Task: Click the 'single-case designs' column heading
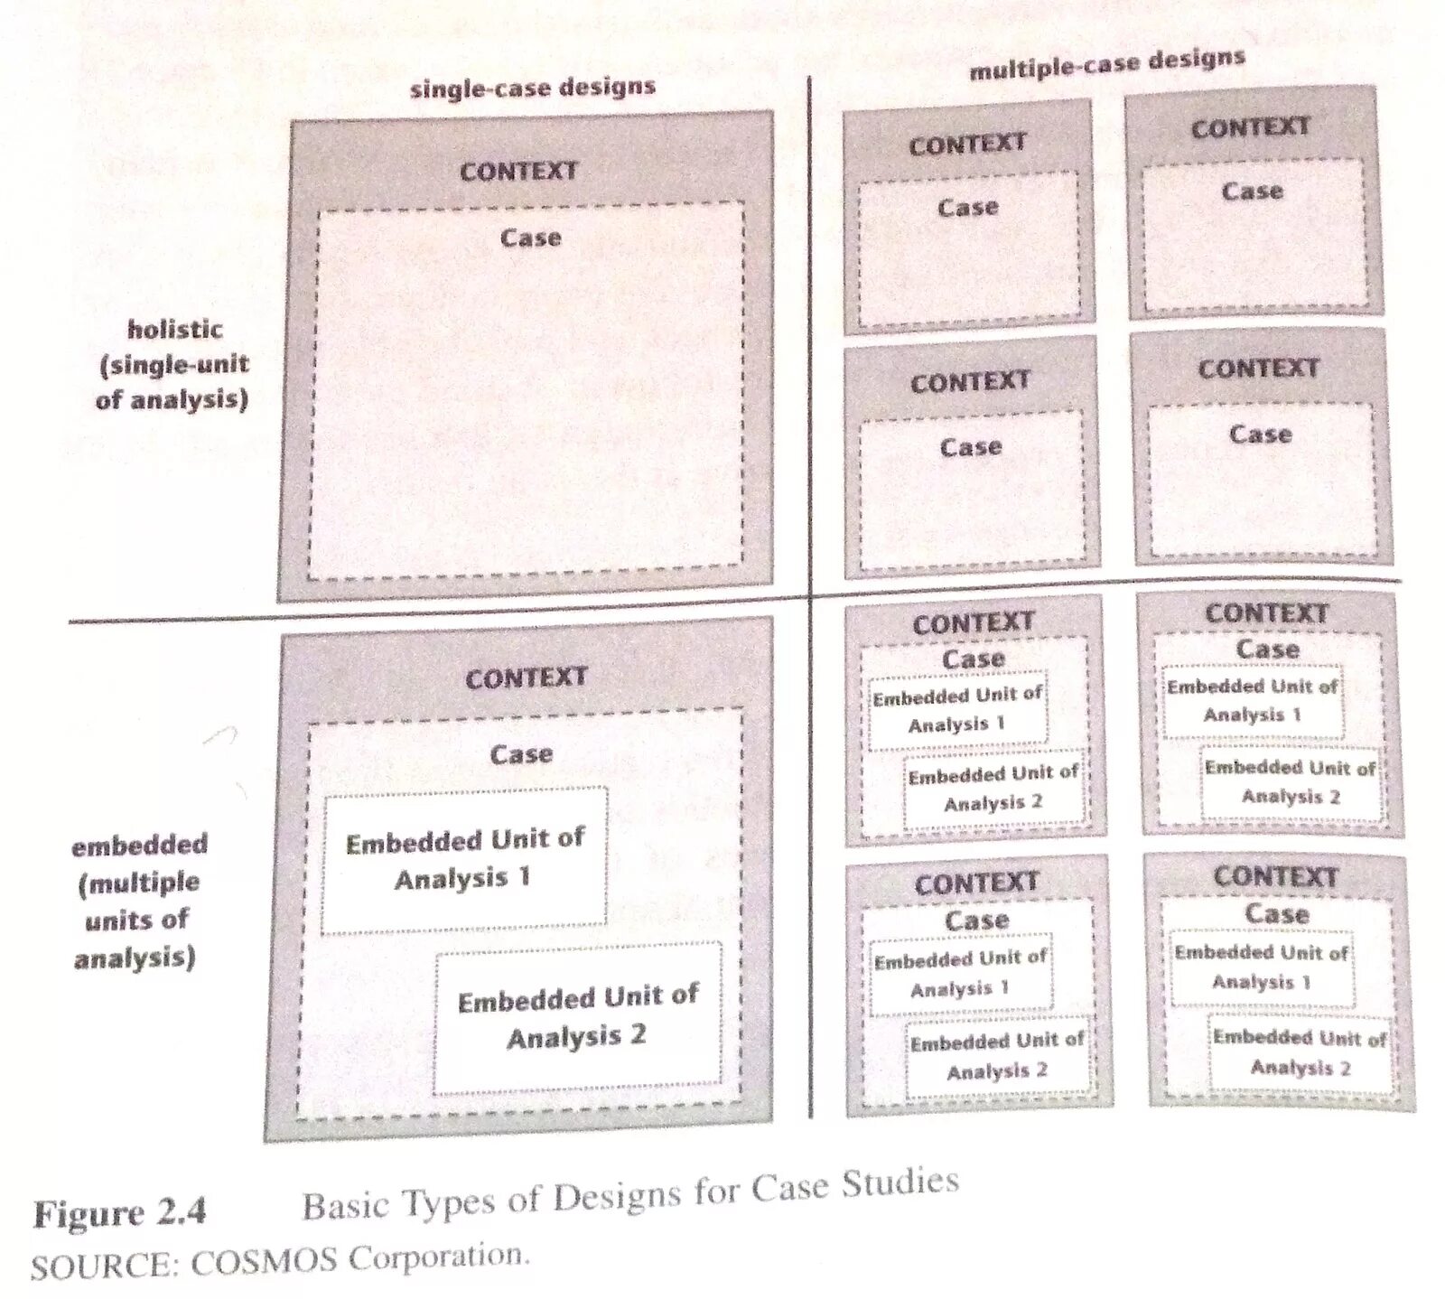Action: click(x=533, y=89)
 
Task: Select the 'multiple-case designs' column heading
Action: click(x=1107, y=63)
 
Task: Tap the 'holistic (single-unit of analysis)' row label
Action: click(x=172, y=364)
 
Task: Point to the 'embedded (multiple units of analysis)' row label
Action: click(x=137, y=901)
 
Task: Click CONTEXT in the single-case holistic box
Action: click(x=518, y=171)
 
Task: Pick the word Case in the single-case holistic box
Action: click(x=531, y=238)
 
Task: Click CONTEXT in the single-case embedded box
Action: click(x=526, y=678)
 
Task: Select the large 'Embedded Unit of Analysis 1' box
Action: click(x=464, y=859)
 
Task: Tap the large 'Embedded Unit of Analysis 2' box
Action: click(x=578, y=1017)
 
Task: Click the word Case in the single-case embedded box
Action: click(x=521, y=753)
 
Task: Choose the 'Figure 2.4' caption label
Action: click(x=120, y=1212)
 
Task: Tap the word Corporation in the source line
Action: click(x=438, y=1257)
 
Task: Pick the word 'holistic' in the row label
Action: click(x=175, y=329)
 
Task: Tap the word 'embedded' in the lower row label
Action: click(x=140, y=846)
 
